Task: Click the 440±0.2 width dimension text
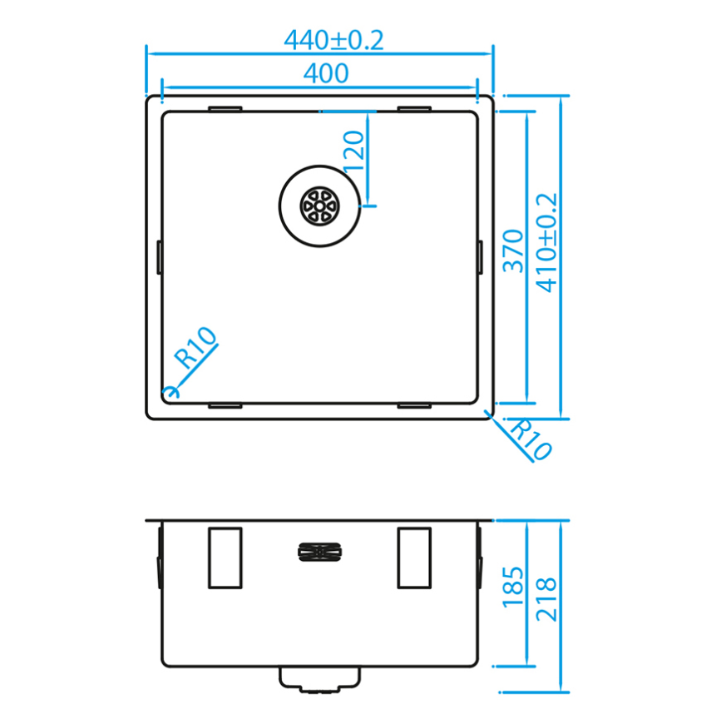click(x=333, y=40)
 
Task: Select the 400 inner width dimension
click(x=326, y=73)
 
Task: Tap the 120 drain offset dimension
click(x=354, y=151)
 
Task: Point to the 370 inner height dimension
click(x=514, y=251)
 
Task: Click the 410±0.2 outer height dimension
click(x=546, y=243)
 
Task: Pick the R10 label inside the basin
click(x=195, y=347)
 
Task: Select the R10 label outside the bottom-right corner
click(x=531, y=439)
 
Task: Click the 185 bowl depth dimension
click(x=513, y=588)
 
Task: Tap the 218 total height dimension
click(x=546, y=599)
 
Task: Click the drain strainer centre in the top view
click(x=319, y=206)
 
